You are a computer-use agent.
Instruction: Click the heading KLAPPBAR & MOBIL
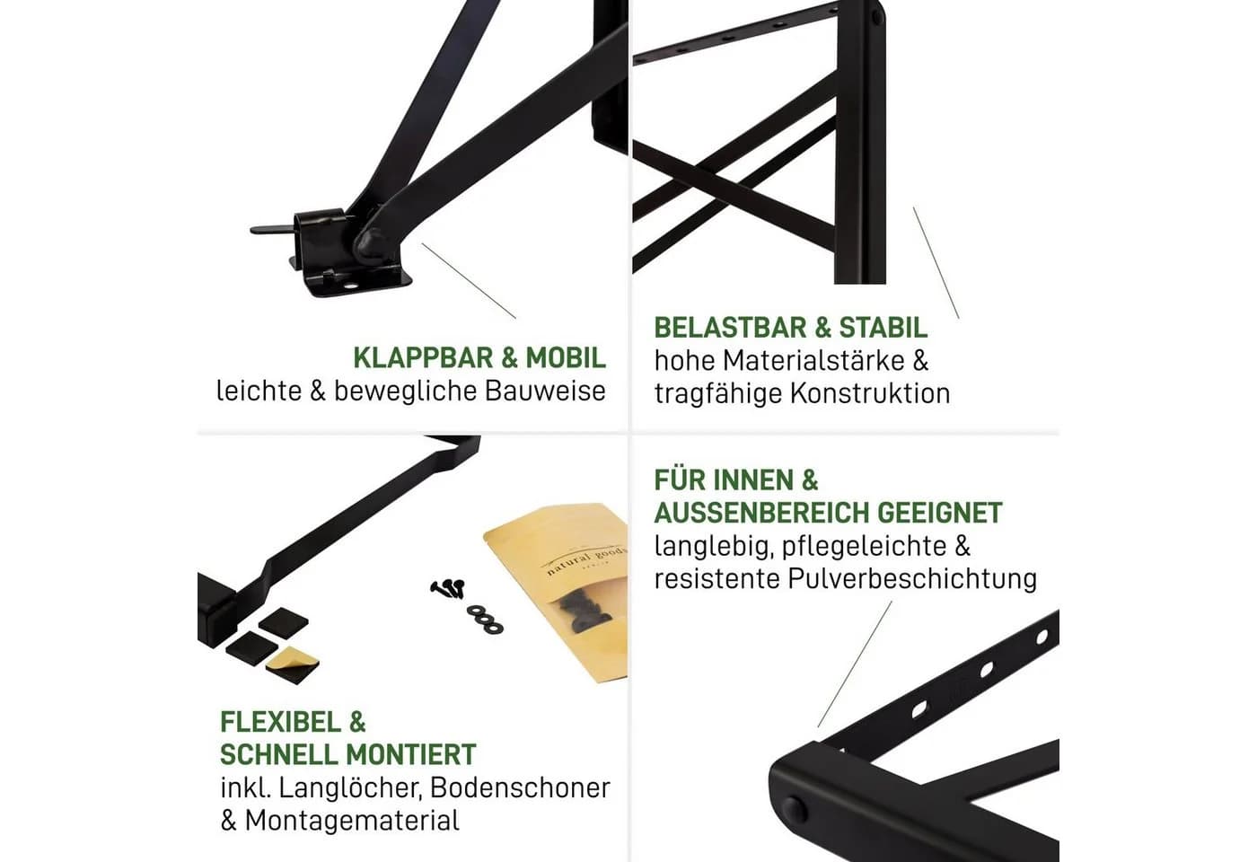(479, 358)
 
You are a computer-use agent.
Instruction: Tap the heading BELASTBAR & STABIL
(791, 328)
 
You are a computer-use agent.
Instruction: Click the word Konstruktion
(870, 393)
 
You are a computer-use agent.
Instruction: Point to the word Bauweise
(546, 391)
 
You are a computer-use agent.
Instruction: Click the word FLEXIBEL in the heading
(280, 722)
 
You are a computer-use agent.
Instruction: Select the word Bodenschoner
(520, 787)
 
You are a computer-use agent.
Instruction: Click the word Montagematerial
(352, 820)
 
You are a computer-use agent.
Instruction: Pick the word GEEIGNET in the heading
(940, 513)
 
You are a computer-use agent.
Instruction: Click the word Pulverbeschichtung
(912, 578)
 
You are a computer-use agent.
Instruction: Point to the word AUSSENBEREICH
(762, 513)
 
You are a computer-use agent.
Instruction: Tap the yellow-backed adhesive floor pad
(292, 664)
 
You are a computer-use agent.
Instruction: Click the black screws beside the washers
(448, 588)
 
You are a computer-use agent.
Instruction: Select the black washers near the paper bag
(485, 618)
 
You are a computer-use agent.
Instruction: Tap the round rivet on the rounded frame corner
(794, 809)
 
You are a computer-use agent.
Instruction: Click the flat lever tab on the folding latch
(273, 230)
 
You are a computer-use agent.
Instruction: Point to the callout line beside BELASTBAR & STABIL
(936, 262)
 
